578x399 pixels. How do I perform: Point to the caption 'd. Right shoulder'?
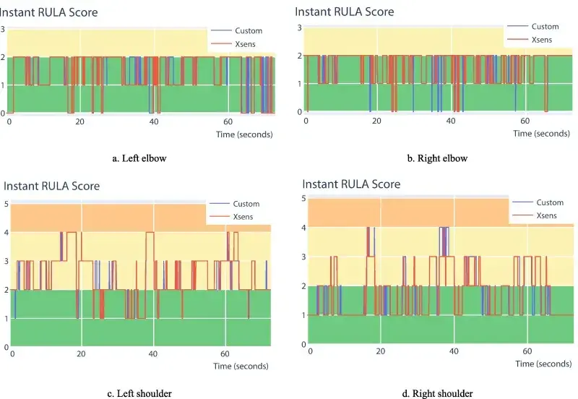pos(438,393)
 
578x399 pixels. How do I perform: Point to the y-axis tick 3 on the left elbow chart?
pos(3,29)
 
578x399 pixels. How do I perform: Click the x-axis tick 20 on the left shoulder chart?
pos(82,354)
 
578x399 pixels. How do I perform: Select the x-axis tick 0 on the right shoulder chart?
pos(310,351)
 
